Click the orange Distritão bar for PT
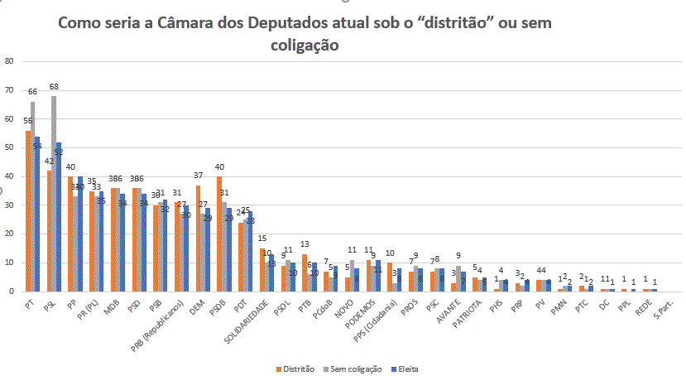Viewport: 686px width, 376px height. point(28,211)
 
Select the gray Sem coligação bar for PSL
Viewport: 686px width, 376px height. point(54,194)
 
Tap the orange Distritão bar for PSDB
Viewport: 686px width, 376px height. point(218,234)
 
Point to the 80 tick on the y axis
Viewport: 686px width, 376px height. point(9,61)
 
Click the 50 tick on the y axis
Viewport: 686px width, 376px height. point(9,147)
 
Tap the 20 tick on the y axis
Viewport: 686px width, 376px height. point(9,234)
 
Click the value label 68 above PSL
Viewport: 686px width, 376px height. point(54,87)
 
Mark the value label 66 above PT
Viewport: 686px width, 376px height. point(33,92)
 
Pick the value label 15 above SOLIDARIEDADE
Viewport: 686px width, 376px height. point(262,239)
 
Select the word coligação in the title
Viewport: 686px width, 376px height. point(305,46)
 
